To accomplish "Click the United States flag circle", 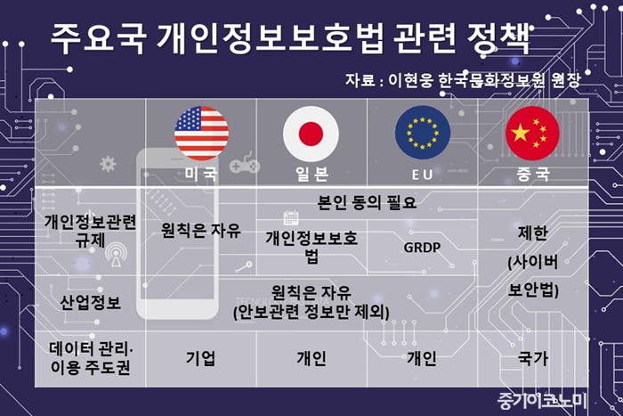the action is point(201,134).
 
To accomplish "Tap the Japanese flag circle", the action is point(311,134).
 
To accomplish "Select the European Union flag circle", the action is point(423,133).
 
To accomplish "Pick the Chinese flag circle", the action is point(532,134).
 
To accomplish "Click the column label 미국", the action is point(201,174).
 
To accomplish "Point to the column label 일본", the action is point(311,174).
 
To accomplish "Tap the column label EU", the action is point(422,175).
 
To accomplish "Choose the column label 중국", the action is point(533,174).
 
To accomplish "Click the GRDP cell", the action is point(422,248).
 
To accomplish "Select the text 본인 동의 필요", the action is point(367,203).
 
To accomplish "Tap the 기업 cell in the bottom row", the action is point(201,358).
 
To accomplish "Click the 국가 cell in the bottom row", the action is point(533,358).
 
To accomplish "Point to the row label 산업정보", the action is point(90,303).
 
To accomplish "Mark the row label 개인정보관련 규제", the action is point(90,231).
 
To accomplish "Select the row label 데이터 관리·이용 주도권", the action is point(91,358).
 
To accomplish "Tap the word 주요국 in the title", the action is point(98,39).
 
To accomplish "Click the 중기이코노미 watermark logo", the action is point(542,401).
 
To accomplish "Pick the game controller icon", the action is point(245,163).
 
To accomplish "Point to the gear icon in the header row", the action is point(108,164).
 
